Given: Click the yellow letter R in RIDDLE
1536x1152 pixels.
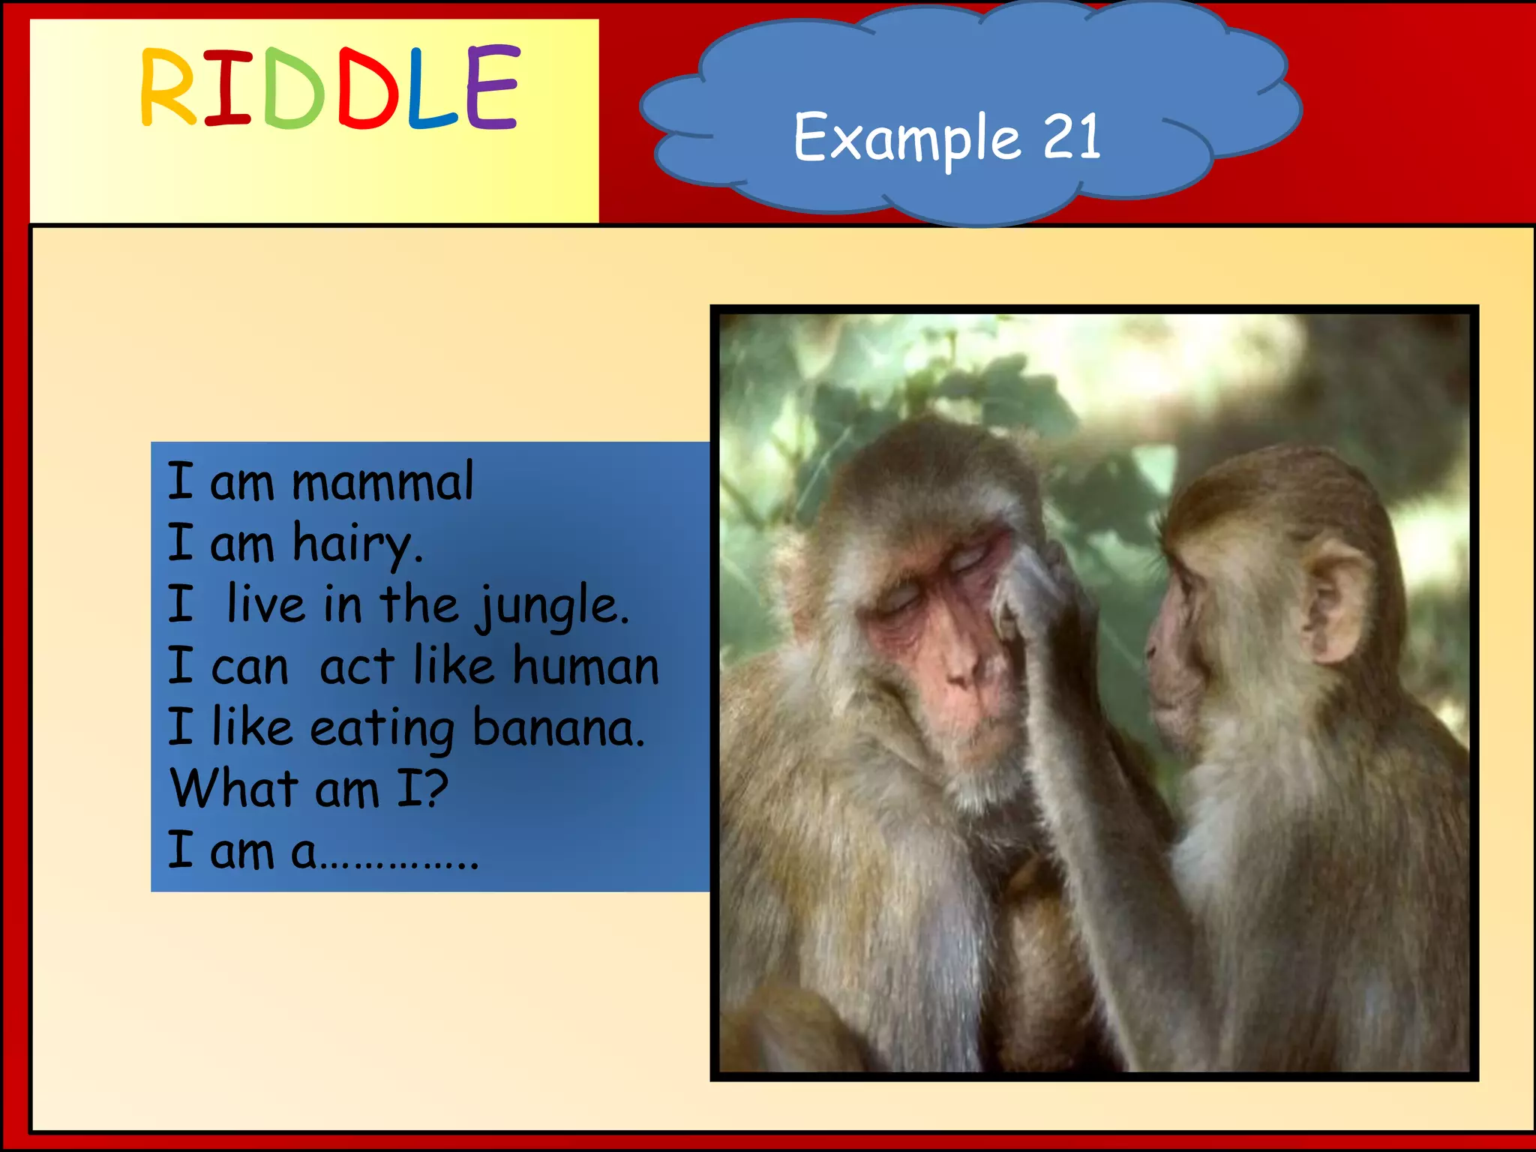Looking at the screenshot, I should point(168,87).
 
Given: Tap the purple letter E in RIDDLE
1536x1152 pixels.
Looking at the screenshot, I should point(492,87).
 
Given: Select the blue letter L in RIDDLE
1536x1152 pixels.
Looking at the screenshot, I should point(430,87).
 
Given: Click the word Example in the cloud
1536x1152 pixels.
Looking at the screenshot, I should point(906,138).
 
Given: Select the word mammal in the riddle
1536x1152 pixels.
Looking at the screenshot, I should point(382,481).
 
